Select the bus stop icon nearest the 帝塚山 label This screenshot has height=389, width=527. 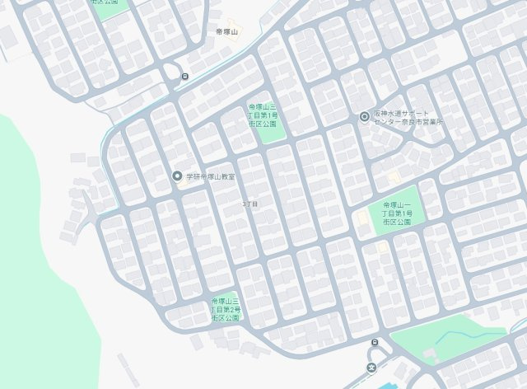[x=184, y=77]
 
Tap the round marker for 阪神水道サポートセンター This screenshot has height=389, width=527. [x=365, y=116]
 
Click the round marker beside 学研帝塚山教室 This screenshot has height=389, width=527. [x=176, y=176]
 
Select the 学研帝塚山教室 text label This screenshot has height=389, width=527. [x=210, y=176]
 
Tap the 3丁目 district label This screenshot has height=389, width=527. [x=250, y=203]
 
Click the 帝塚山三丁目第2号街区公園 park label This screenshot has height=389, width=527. [x=225, y=309]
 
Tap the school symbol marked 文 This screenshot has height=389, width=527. [x=371, y=368]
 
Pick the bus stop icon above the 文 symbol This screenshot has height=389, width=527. [x=375, y=342]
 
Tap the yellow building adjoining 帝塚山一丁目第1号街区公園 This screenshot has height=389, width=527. [x=362, y=218]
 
